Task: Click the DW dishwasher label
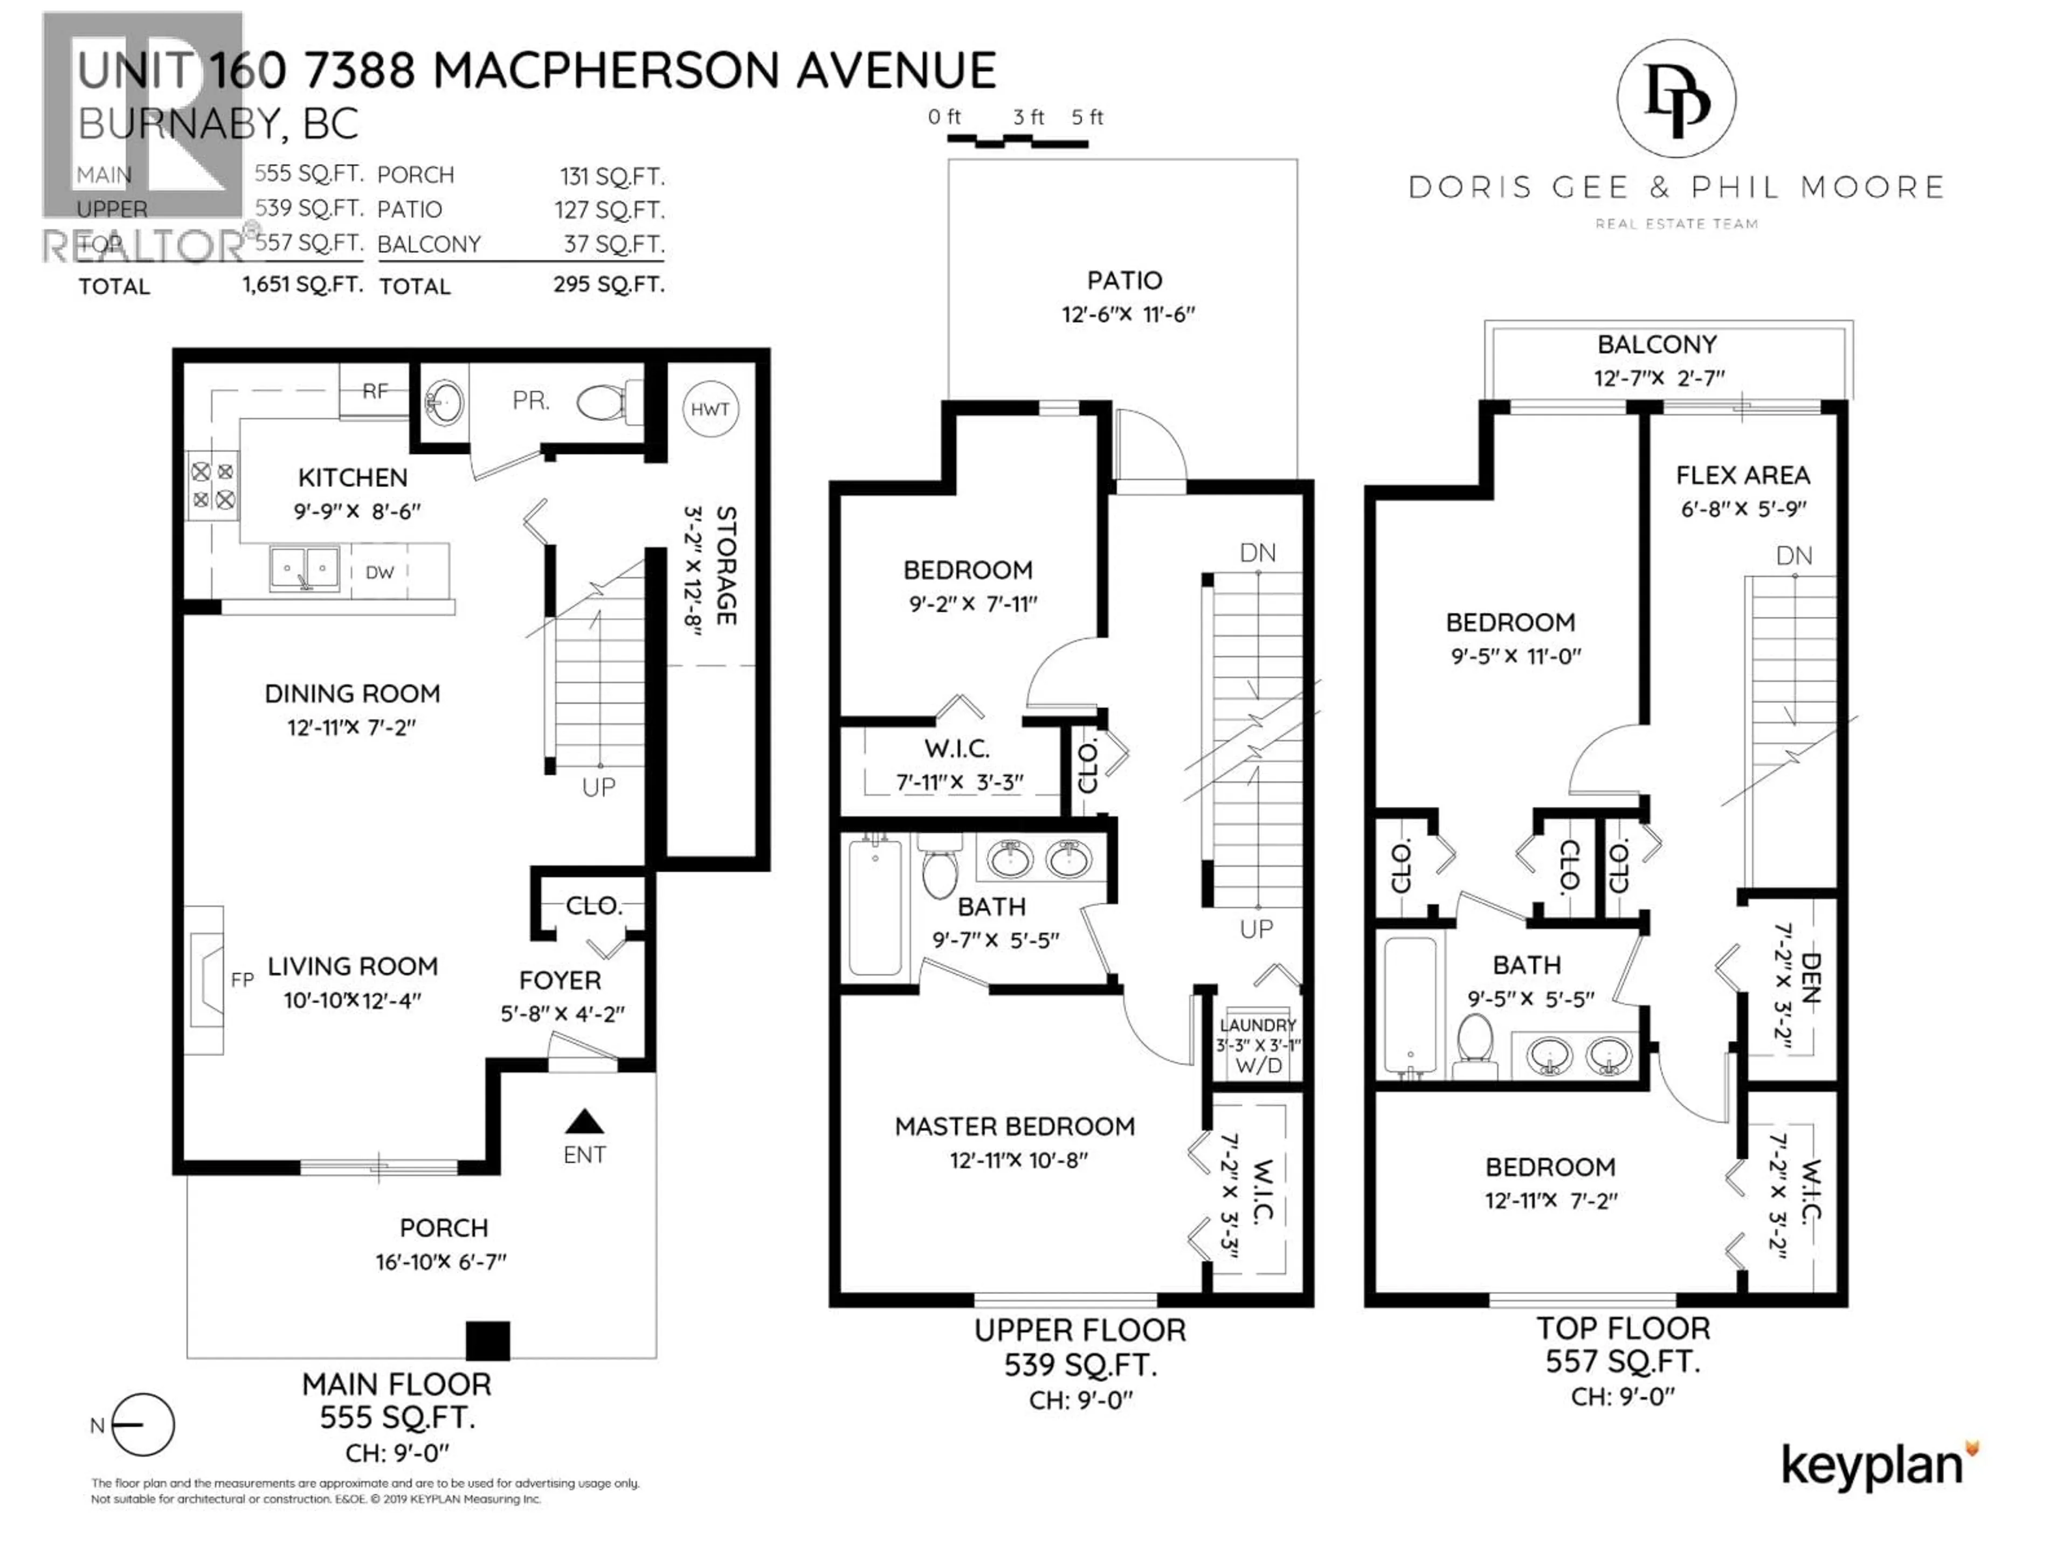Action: (380, 572)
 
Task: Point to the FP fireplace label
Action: (243, 980)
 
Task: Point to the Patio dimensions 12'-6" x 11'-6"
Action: (1128, 314)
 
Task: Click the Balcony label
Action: (1657, 344)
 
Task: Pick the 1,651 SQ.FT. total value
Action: (302, 285)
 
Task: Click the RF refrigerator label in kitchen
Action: (374, 391)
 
